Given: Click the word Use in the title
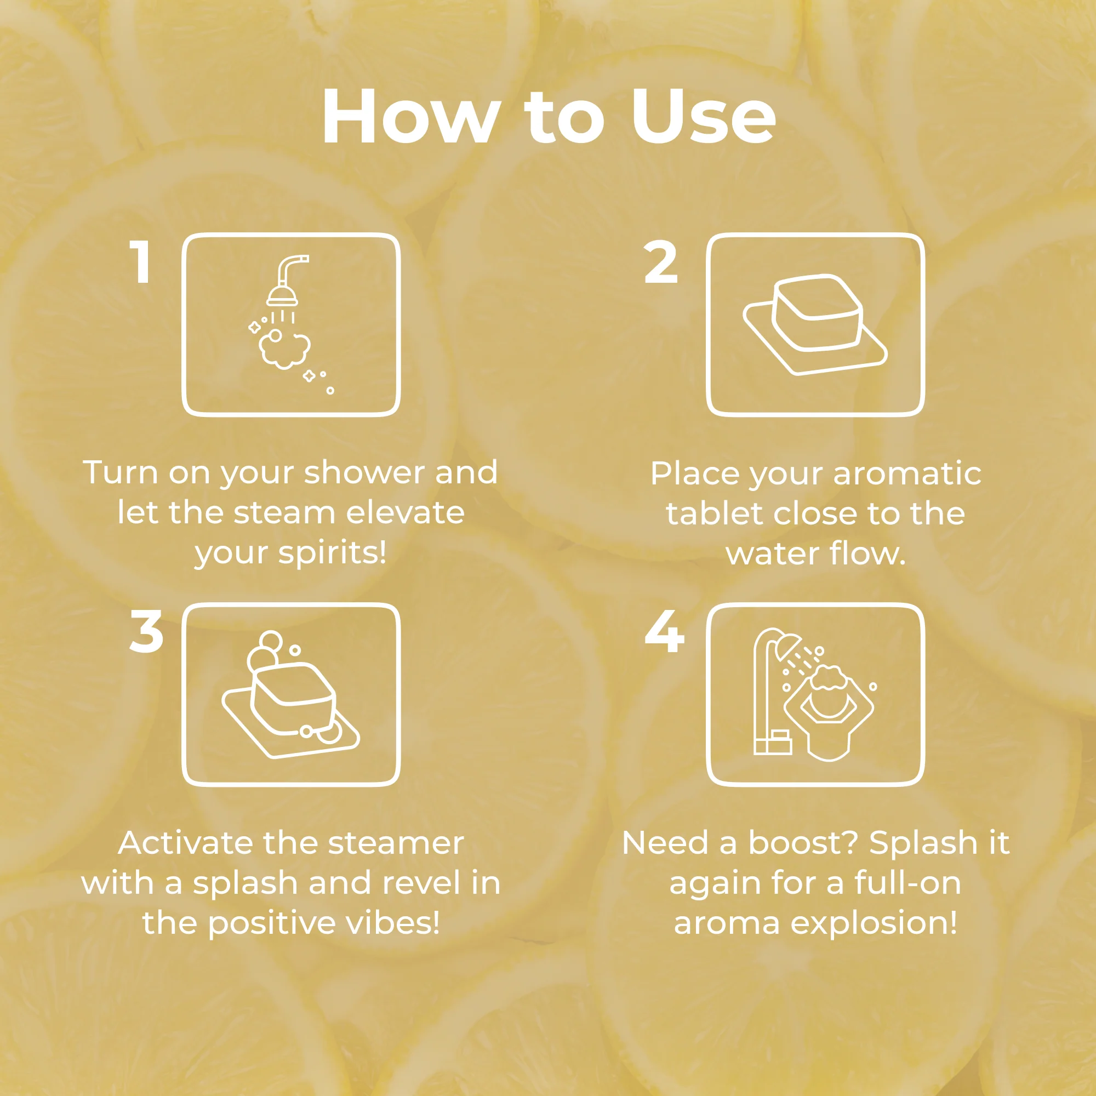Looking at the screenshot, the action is (704, 116).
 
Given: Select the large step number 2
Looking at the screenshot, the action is (661, 261).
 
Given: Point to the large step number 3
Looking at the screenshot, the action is (146, 631).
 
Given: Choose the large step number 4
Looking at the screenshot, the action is (664, 631).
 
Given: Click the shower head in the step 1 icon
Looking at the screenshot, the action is (283, 294).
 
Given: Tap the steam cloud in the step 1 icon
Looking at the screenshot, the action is (285, 349).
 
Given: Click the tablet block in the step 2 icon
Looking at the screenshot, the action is (818, 312).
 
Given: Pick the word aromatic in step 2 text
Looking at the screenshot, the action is (907, 473).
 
